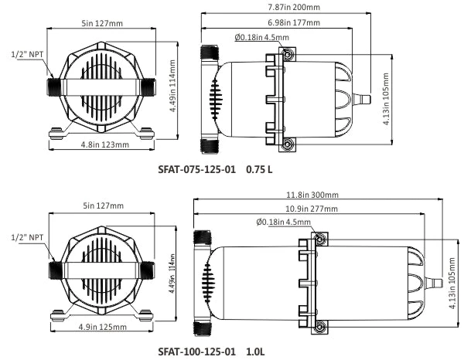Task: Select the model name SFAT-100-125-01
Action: point(196,352)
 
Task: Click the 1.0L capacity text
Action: point(256,352)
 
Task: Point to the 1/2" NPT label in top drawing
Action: point(26,55)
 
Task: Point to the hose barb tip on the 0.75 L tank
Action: point(368,98)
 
